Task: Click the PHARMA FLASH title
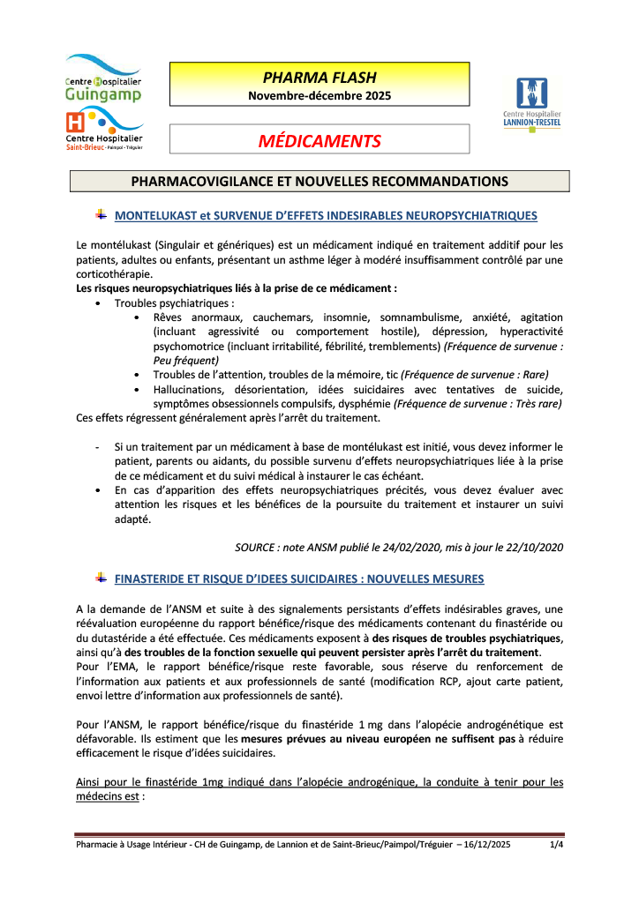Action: tap(319, 76)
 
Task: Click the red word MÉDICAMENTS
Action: tap(319, 141)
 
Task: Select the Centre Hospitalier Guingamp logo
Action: tap(102, 78)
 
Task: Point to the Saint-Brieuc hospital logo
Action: tap(103, 128)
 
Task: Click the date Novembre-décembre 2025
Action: tap(319, 95)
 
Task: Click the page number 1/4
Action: tap(556, 846)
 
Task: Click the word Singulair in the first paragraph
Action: tap(205, 244)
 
